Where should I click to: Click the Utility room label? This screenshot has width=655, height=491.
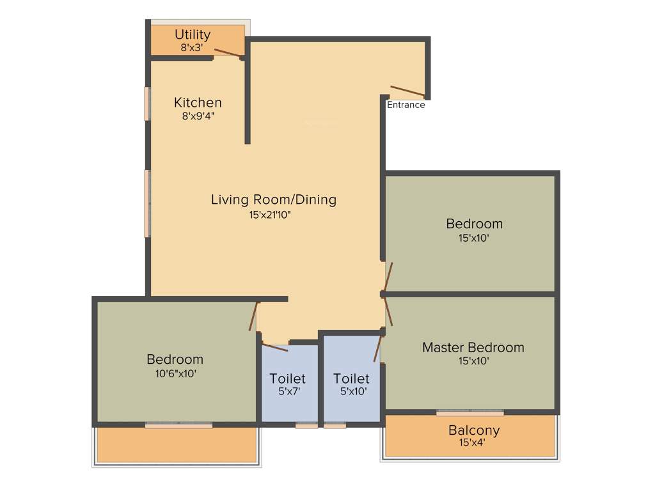(x=193, y=35)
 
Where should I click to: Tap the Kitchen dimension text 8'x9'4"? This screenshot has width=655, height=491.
(x=198, y=116)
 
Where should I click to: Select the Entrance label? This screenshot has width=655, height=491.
(x=406, y=105)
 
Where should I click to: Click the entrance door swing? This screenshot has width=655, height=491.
(x=407, y=92)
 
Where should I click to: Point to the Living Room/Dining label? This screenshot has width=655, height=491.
(x=273, y=199)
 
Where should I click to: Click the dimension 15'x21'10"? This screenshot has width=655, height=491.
(x=274, y=215)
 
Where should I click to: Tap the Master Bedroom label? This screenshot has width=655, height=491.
(x=473, y=348)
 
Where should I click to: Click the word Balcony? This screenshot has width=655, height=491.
(x=473, y=430)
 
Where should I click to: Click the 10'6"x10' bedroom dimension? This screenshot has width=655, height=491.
(x=175, y=373)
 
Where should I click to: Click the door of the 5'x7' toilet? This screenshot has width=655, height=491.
(x=275, y=347)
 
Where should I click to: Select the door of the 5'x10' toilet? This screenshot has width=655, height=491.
(x=377, y=349)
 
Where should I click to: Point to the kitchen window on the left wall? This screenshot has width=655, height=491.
(x=147, y=104)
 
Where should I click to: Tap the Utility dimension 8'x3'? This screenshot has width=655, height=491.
(x=193, y=47)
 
